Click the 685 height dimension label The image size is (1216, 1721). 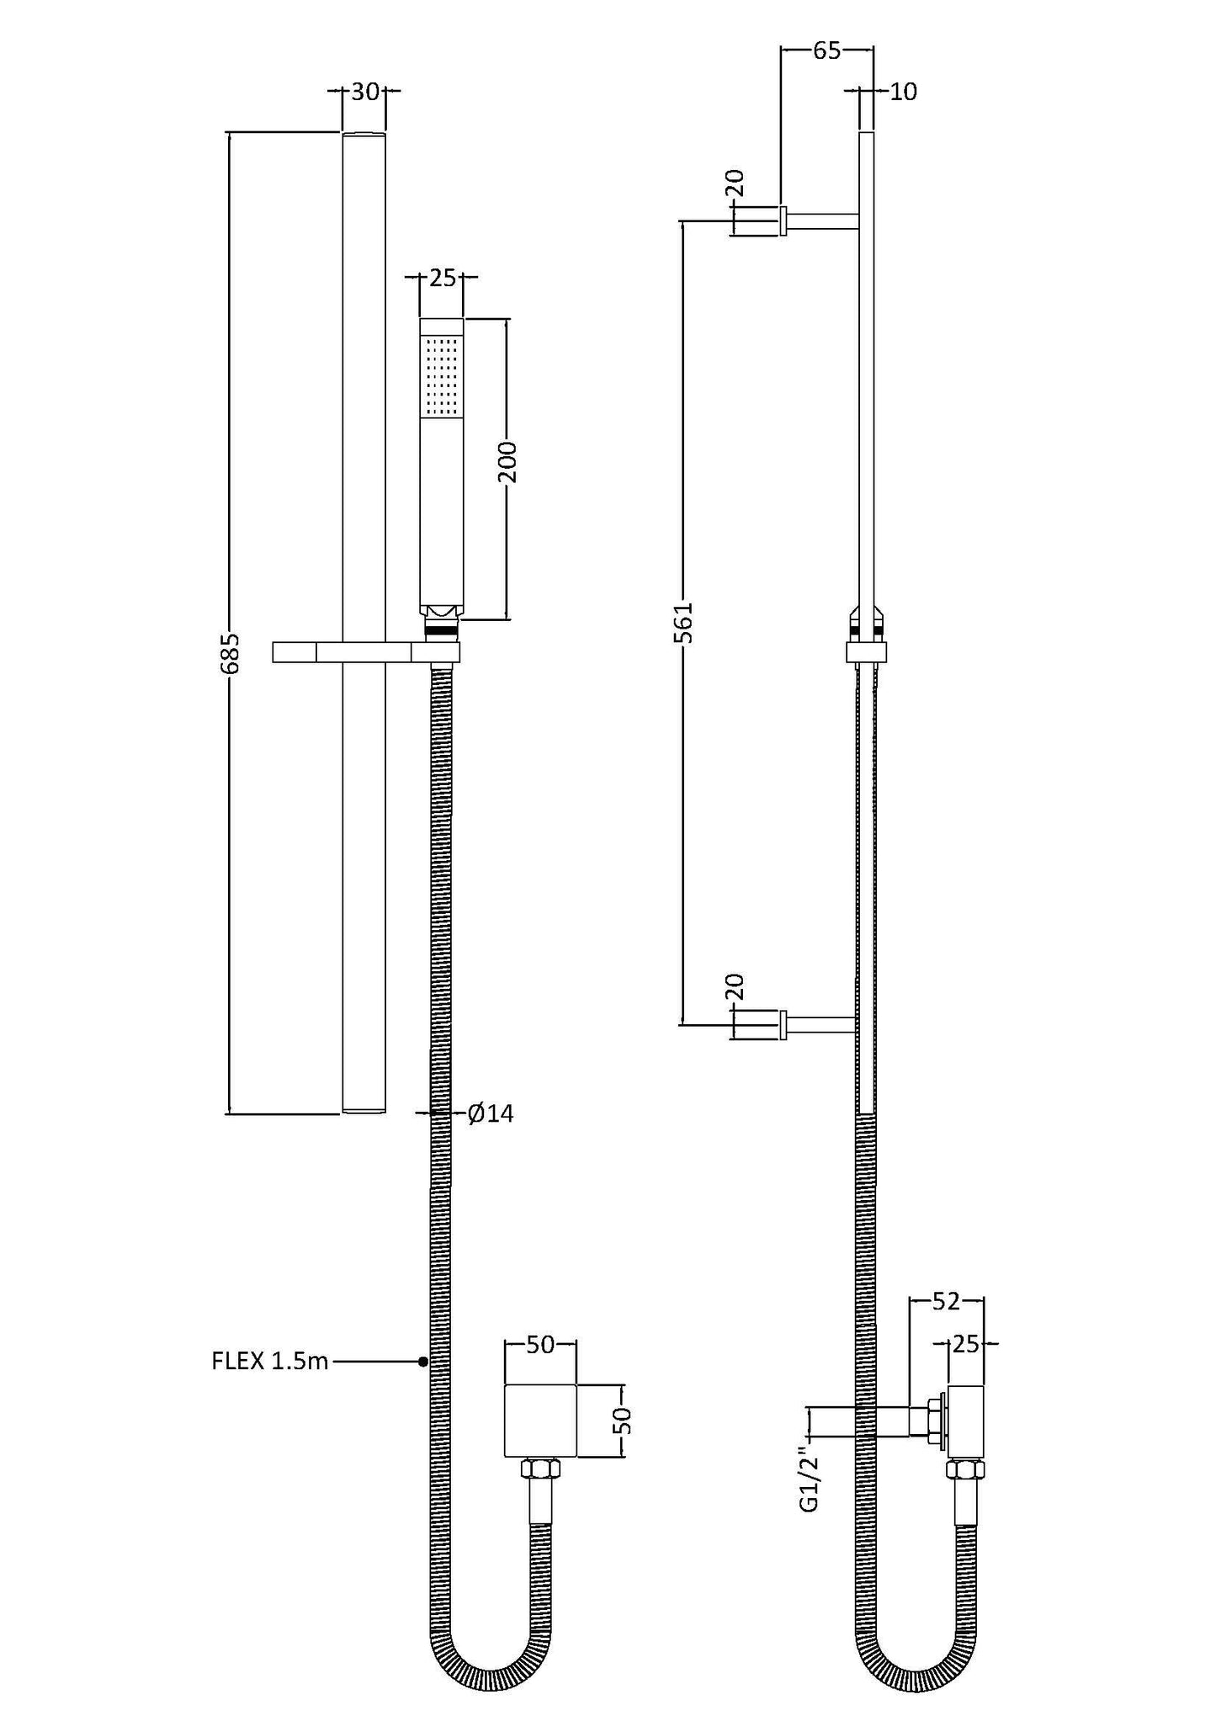(x=231, y=653)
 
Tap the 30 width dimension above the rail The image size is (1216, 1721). (x=364, y=92)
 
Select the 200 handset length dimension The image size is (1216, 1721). (x=507, y=461)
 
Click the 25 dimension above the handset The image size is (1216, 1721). (x=442, y=277)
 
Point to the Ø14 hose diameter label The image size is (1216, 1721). (x=491, y=1113)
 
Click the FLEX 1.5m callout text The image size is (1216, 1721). (x=269, y=1361)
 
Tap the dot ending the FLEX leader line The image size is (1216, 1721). (x=423, y=1361)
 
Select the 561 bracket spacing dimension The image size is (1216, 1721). (x=685, y=622)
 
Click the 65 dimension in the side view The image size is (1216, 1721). (x=826, y=50)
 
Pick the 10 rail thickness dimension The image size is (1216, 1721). (x=902, y=91)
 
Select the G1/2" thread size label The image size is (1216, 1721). (x=809, y=1487)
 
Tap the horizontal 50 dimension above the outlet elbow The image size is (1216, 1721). (x=540, y=1345)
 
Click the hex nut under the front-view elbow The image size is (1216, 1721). (x=540, y=1470)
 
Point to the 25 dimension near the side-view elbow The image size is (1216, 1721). (x=967, y=1345)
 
